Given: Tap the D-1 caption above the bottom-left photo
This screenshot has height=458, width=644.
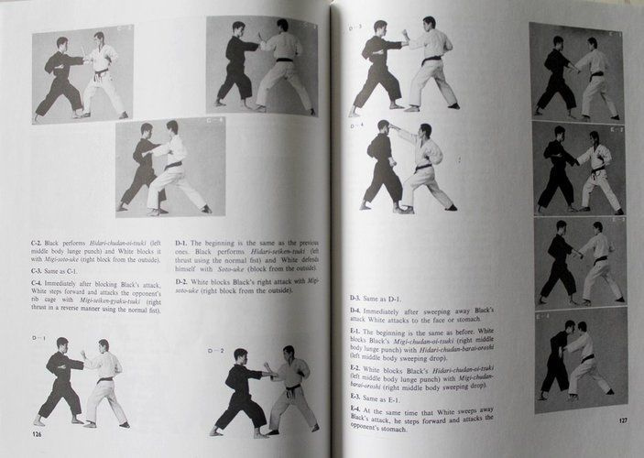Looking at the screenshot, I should [x=38, y=338].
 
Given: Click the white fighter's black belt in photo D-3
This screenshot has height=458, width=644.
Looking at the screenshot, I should [x=431, y=60].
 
